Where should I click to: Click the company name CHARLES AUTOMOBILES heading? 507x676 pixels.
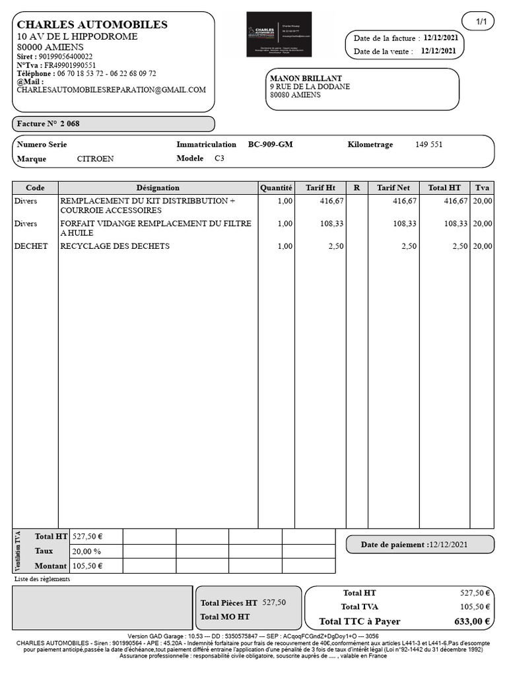(x=92, y=24)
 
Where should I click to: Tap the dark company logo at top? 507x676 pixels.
(x=279, y=34)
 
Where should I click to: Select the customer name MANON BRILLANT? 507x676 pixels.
(x=306, y=79)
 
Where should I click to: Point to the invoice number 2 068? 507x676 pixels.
(x=70, y=124)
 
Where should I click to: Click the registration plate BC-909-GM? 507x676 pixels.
(x=271, y=145)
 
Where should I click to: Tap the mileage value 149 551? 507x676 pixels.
(x=428, y=145)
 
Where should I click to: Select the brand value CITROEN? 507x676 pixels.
(x=95, y=159)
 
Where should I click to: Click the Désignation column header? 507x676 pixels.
(x=158, y=188)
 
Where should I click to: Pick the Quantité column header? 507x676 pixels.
(x=276, y=188)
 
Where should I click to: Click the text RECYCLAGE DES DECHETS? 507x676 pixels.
(x=115, y=246)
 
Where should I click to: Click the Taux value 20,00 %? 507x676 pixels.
(x=86, y=551)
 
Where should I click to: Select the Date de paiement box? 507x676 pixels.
(x=420, y=545)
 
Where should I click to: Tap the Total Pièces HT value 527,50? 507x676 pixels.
(x=274, y=602)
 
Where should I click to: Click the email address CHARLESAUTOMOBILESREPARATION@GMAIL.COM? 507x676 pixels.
(x=111, y=90)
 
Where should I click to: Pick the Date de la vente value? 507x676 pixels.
(x=439, y=51)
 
